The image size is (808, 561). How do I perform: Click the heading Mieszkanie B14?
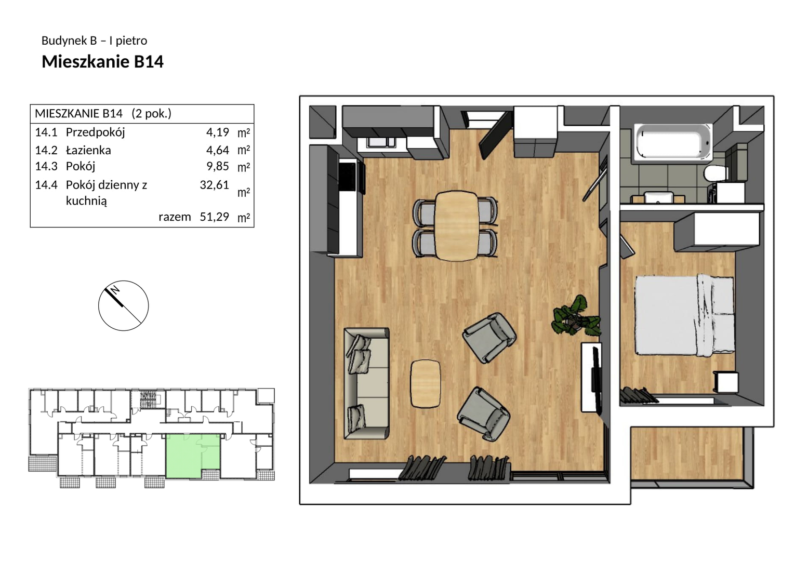pos(103,62)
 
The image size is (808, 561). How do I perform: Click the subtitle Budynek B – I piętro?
pos(94,41)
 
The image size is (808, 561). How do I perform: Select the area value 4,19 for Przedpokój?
pos(218,132)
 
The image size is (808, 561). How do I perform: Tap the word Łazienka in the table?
pos(88,150)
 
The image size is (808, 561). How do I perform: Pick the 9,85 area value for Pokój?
pos(218,166)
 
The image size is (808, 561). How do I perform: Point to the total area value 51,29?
pos(215,217)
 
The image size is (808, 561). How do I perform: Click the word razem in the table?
pos(175,217)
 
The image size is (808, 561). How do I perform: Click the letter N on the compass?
pos(115,290)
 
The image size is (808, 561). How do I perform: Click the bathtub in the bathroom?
pos(673,141)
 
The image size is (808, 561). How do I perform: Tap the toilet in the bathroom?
pos(716,174)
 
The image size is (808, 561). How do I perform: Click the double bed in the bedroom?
pos(684,316)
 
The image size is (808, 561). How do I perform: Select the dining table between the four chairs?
pos(457,225)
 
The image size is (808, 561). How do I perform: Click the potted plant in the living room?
pos(576,317)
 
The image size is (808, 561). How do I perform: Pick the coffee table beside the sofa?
pos(426,384)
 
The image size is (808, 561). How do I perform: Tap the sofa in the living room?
pos(366,383)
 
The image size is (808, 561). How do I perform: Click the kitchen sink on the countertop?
pos(381,142)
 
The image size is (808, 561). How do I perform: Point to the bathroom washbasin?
pos(659,197)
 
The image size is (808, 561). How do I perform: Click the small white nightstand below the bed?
pos(726,382)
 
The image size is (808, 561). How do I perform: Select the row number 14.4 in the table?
pos(46,185)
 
